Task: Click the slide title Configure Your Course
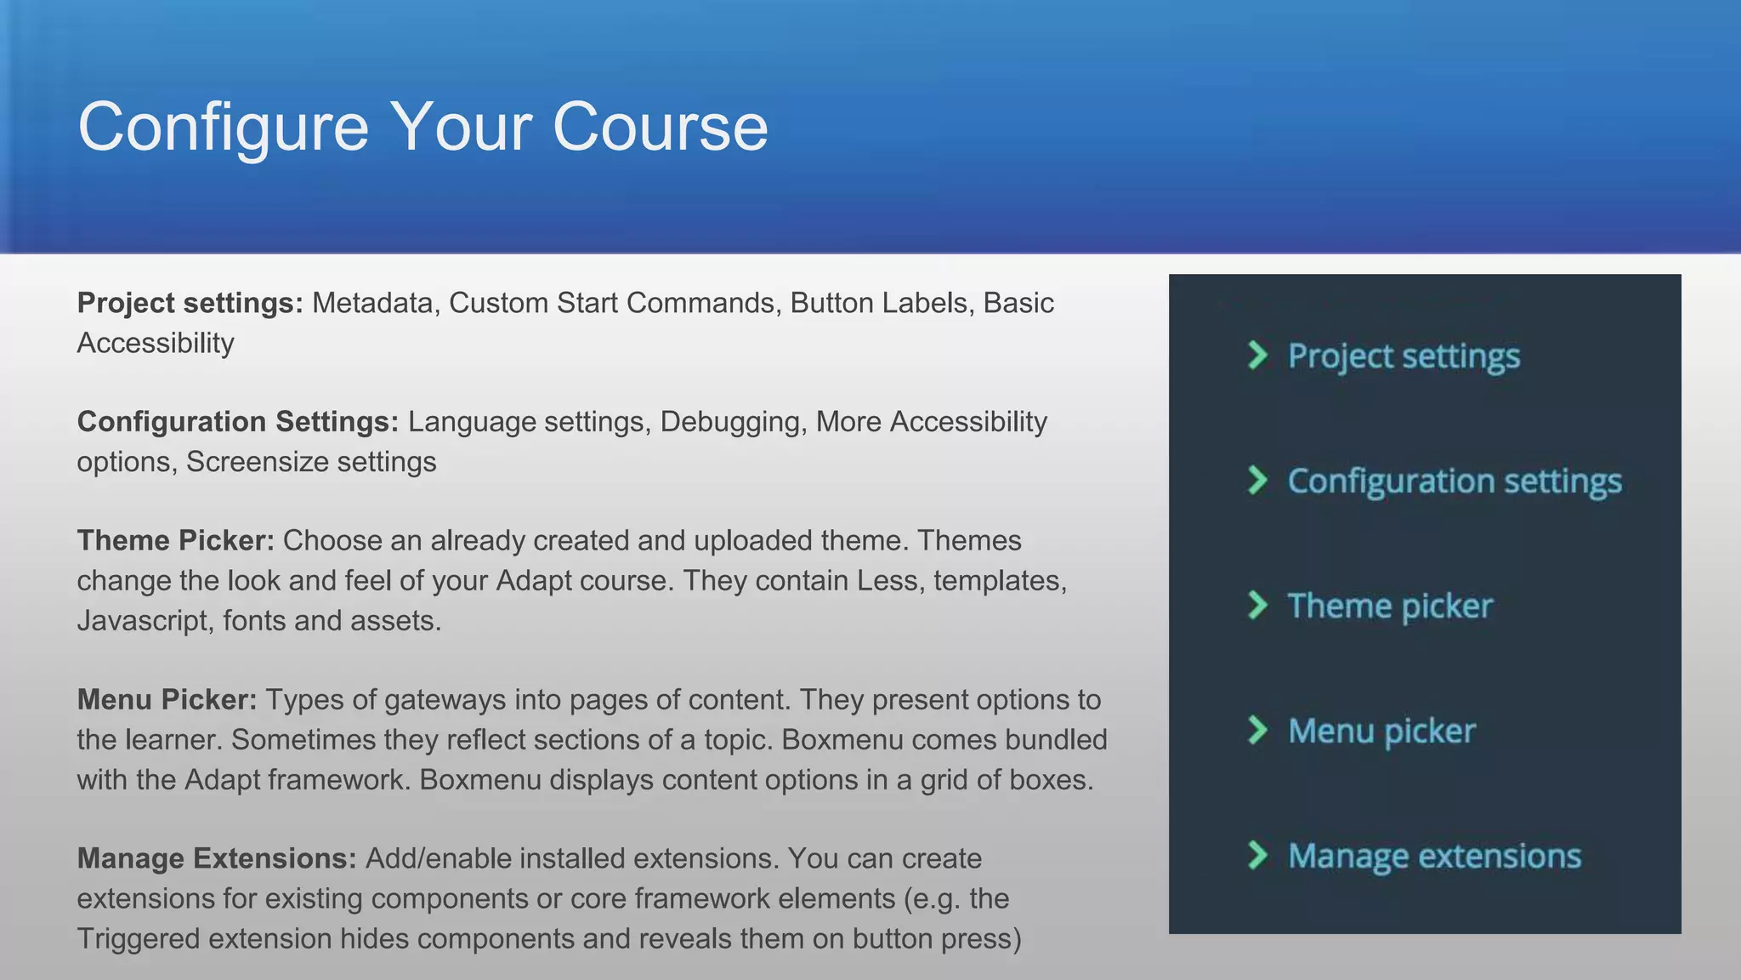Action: (x=422, y=127)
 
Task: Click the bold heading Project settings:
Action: (x=190, y=303)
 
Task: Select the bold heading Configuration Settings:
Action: (x=237, y=422)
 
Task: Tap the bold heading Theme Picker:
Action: (x=175, y=541)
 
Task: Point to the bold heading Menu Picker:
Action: (x=167, y=700)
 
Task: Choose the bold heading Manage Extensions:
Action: (x=217, y=859)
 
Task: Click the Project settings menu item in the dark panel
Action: (x=1404, y=356)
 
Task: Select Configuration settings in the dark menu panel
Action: (x=1455, y=481)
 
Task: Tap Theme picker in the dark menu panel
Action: (x=1390, y=607)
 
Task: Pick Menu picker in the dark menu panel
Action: (x=1381, y=732)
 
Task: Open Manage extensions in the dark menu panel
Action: (x=1434, y=857)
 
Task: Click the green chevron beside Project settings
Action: (x=1257, y=355)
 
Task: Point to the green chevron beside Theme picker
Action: (x=1257, y=605)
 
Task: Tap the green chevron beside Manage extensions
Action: (x=1257, y=855)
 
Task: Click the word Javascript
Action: (x=145, y=621)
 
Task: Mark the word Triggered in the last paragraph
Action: (x=139, y=939)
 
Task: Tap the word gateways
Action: (x=444, y=700)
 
